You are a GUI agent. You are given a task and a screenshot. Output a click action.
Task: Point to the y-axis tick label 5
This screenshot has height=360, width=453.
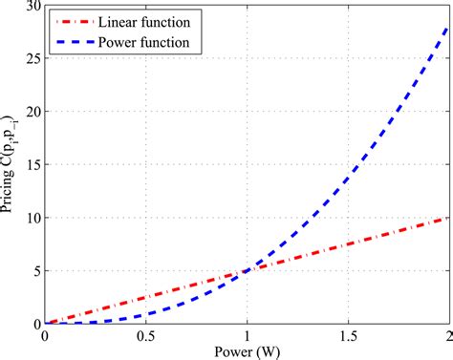[33, 271]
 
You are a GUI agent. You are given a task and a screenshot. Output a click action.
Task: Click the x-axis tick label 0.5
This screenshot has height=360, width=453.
[144, 336]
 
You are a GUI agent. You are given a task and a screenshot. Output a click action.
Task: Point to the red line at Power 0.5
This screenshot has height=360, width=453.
[144, 298]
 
